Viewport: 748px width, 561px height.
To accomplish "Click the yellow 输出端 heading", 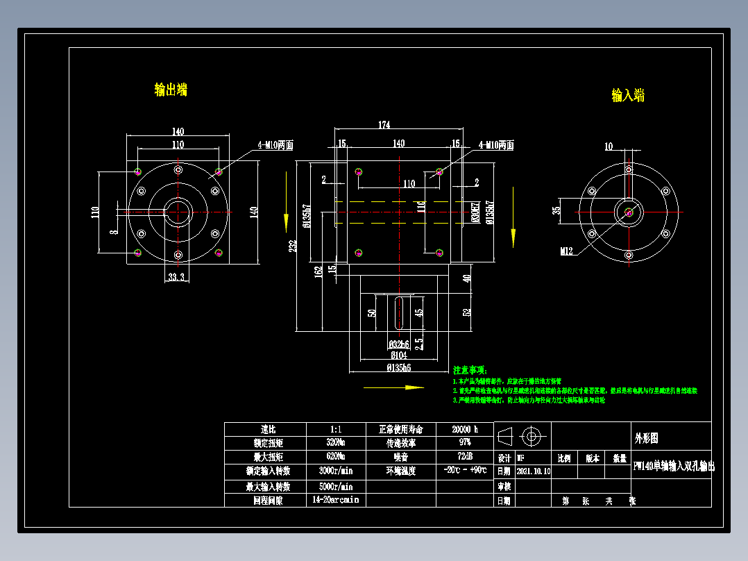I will tap(171, 90).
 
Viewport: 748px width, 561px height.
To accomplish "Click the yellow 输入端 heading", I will tap(628, 95).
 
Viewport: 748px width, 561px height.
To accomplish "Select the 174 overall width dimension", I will tap(384, 125).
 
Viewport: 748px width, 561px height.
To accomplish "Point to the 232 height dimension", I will tap(294, 246).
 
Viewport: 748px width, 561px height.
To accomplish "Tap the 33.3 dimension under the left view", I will tap(176, 277).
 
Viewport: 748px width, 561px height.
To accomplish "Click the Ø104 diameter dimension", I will tap(398, 355).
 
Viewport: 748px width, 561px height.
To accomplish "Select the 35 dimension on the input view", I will tap(556, 210).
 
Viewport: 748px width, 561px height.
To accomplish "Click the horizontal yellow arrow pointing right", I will tap(393, 387).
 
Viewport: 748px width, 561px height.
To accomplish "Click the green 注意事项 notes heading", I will tap(470, 371).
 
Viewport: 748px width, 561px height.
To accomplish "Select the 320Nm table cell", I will tap(336, 443).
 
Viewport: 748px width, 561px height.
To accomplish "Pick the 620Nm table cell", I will tap(336, 457).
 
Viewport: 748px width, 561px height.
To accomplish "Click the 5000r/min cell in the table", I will tap(336, 486).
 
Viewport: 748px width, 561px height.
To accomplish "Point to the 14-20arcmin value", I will tap(336, 500).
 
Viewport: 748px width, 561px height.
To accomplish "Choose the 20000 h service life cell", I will tap(464, 430).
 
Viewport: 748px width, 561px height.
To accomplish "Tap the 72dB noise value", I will tap(464, 457).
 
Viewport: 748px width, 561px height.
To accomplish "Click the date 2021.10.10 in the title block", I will tap(533, 471).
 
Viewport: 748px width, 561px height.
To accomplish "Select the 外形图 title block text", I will tap(646, 439).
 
